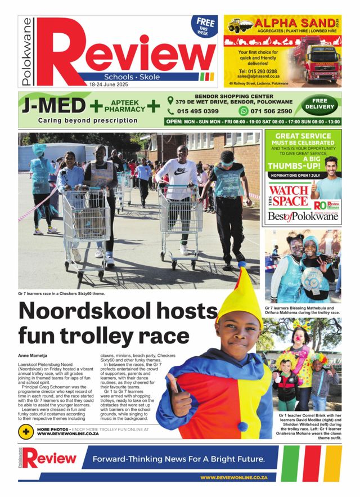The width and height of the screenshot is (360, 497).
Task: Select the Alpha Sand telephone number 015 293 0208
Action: [257, 72]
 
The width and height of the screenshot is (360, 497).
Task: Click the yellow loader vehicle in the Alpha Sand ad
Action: [238, 25]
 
